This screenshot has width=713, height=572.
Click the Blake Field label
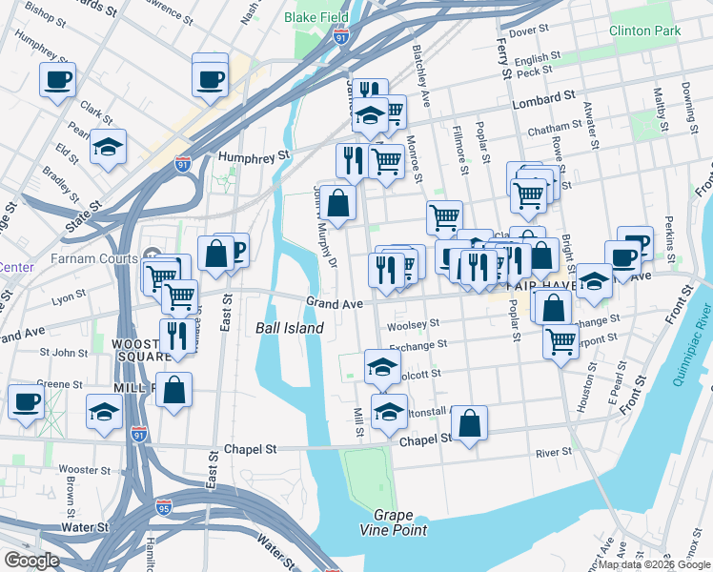(x=316, y=17)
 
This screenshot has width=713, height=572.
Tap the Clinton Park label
(x=645, y=31)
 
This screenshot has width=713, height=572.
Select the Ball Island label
(x=290, y=328)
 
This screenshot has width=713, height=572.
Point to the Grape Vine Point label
(x=393, y=522)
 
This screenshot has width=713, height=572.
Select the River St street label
(x=552, y=453)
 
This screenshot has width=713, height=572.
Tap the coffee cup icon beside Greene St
(x=26, y=401)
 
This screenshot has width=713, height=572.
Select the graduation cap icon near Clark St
(x=108, y=148)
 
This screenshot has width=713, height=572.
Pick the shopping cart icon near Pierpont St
(x=561, y=339)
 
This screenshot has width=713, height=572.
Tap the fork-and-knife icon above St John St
(x=174, y=336)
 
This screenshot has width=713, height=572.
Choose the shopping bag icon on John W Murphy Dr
(x=337, y=202)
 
